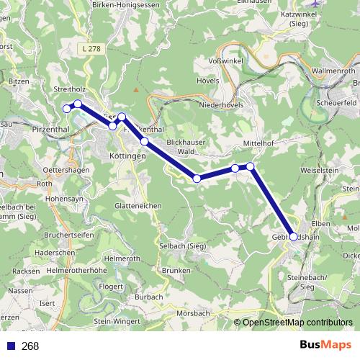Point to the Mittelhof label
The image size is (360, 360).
(x=258, y=143)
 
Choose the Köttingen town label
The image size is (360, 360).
(x=126, y=156)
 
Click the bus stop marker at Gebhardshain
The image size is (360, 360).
(x=293, y=236)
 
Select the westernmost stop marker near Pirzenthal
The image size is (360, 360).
(x=67, y=109)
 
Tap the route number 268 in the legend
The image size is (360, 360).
(x=30, y=346)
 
